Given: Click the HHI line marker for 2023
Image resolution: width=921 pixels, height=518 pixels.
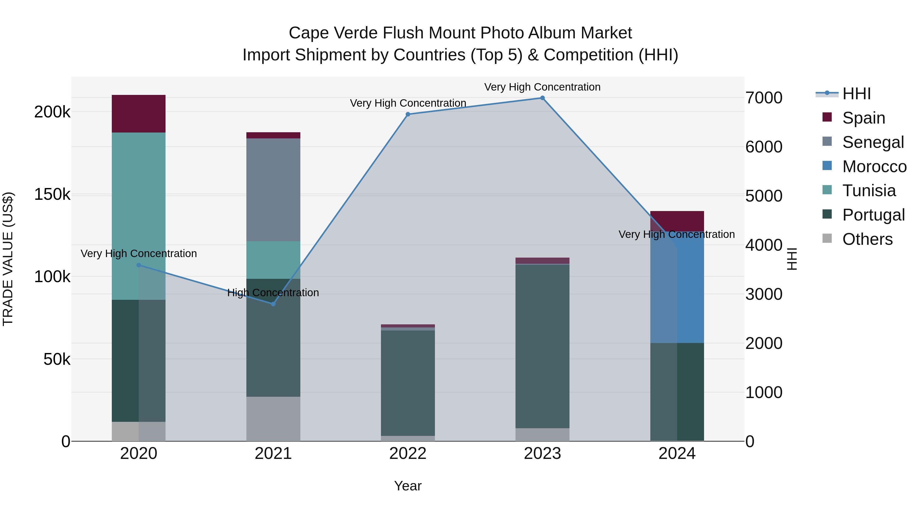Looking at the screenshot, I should [x=542, y=98].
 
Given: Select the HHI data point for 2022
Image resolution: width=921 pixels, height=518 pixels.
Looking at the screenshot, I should [x=408, y=114].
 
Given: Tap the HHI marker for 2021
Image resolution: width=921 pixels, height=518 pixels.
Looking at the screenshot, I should [x=273, y=304].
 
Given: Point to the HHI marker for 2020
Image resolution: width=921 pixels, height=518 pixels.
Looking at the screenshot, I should [x=139, y=265].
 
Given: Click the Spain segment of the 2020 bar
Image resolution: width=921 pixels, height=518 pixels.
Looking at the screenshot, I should [x=139, y=114].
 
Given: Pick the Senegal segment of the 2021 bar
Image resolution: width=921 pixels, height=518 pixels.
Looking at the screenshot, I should [x=273, y=190].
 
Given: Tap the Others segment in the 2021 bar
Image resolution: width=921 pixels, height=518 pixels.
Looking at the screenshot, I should [x=273, y=418].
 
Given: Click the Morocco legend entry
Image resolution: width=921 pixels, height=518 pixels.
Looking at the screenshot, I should [x=874, y=167].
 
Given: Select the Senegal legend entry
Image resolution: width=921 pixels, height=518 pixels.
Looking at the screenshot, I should [x=873, y=142].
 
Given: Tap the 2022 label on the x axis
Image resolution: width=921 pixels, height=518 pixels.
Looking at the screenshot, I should [x=408, y=454].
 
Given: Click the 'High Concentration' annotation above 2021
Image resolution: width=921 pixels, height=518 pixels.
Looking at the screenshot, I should [x=273, y=293].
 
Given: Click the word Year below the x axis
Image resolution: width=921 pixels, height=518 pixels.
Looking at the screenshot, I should [x=408, y=486].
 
